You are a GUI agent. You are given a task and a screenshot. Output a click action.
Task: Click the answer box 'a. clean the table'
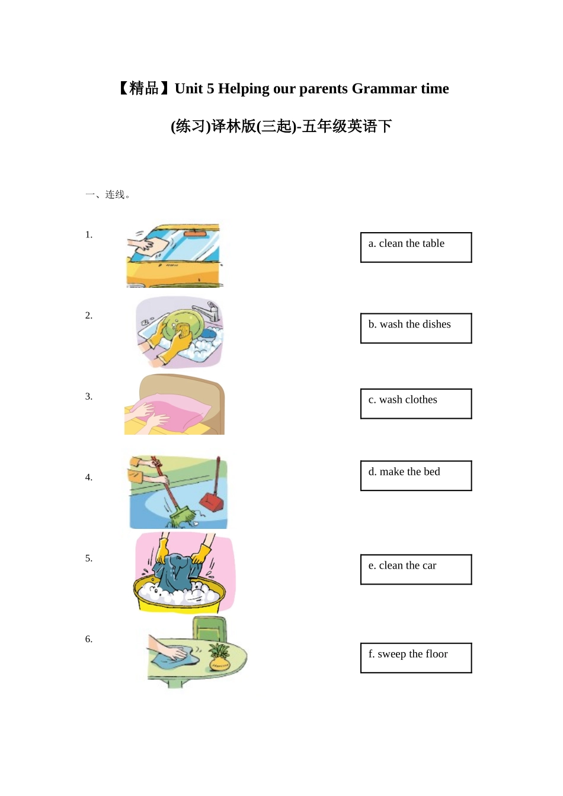click(x=416, y=247)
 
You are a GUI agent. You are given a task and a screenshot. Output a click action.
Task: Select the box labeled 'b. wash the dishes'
click(x=416, y=328)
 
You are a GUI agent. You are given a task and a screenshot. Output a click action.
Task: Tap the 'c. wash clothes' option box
click(x=416, y=403)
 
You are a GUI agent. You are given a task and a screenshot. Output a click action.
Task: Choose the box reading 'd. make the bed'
click(x=416, y=476)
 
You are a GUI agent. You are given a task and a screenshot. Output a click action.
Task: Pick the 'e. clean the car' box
click(x=416, y=569)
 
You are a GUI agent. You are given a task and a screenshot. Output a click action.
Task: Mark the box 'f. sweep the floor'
click(x=416, y=657)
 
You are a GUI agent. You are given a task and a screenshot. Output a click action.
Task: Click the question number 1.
click(x=89, y=235)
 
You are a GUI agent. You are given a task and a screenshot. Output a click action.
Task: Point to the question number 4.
click(x=89, y=477)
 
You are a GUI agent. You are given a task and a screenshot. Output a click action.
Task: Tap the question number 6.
click(x=89, y=639)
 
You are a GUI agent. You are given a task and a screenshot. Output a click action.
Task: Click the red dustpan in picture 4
click(x=212, y=501)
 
